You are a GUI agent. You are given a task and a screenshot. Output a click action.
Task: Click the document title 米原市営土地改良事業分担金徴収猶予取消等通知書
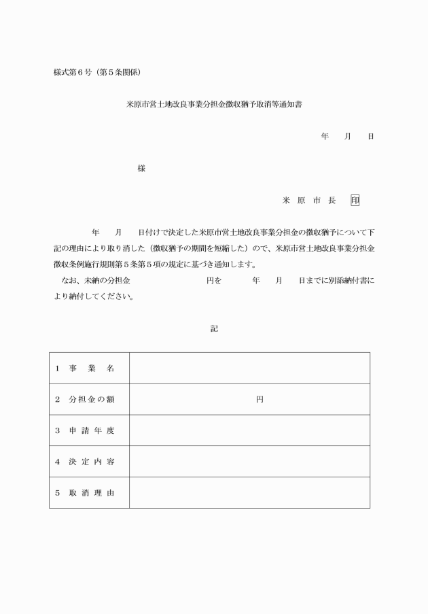point(214,105)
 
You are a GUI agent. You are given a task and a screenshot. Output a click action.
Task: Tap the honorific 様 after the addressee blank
point(141,168)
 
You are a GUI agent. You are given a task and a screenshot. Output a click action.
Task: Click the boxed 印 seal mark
point(355,201)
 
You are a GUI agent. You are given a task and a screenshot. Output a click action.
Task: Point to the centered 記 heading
point(214,328)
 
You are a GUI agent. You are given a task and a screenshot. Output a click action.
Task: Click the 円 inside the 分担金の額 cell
point(259,400)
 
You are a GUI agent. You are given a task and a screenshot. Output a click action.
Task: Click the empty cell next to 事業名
point(249,369)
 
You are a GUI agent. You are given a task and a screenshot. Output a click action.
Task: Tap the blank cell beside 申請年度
point(249,431)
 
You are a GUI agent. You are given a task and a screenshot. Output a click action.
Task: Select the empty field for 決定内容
point(249,462)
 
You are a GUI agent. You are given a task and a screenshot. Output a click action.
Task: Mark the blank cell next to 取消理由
point(249,493)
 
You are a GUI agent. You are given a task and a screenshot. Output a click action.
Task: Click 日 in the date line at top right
point(370,137)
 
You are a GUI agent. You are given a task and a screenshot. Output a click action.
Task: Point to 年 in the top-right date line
point(325,137)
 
